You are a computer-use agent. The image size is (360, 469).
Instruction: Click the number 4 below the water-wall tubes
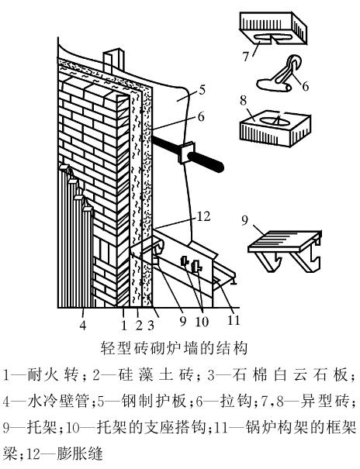point(82,325)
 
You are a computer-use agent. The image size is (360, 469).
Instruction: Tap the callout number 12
point(204,216)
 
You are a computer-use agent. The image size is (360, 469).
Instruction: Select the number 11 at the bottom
point(234,319)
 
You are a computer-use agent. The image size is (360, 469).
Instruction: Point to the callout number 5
point(202,90)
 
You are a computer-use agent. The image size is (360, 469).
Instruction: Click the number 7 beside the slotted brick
point(246,57)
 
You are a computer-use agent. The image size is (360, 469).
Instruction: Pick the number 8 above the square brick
point(244,101)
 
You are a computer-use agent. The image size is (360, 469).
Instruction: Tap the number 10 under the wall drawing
point(202,322)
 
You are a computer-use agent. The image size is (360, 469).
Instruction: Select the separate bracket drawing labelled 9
point(286,250)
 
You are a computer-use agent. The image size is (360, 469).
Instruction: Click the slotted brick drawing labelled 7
point(273,28)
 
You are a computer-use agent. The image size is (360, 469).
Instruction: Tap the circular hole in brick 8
point(274,120)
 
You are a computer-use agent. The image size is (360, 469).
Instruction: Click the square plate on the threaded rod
point(186,153)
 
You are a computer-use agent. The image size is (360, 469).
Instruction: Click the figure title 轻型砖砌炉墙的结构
point(174,348)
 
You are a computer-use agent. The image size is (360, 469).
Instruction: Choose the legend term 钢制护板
point(155,401)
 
